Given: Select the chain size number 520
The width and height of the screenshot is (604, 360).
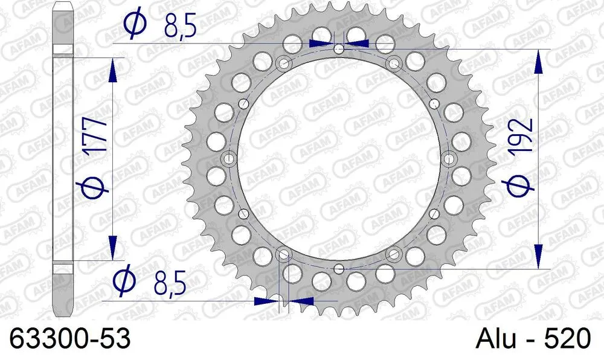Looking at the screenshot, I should pyautogui.click(x=567, y=338).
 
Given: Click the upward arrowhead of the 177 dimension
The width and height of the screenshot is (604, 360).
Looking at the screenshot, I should pyautogui.click(x=112, y=69).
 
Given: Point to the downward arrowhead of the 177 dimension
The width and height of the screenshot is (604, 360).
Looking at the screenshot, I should pyautogui.click(x=112, y=248).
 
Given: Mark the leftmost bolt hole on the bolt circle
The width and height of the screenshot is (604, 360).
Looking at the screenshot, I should pyautogui.click(x=229, y=159).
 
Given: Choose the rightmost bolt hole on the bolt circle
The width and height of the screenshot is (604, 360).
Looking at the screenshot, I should pyautogui.click(x=449, y=159).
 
